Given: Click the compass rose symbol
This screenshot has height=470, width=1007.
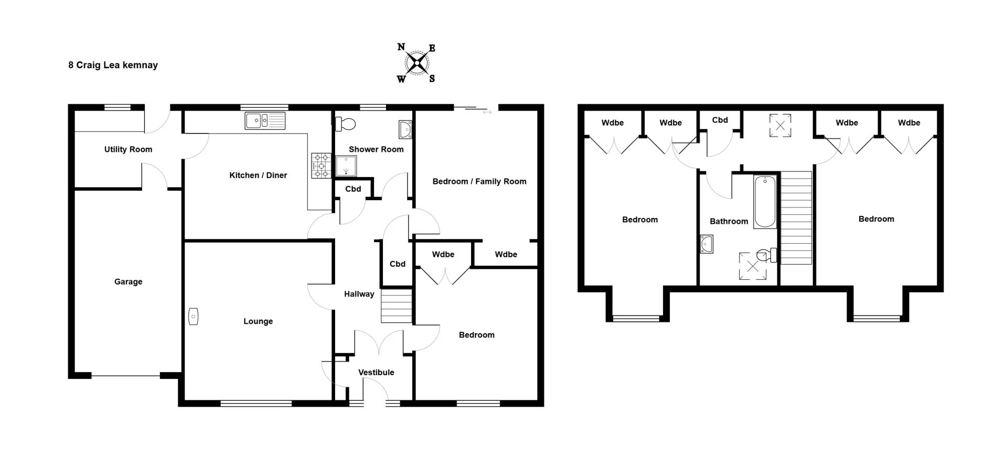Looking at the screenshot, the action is [416, 63].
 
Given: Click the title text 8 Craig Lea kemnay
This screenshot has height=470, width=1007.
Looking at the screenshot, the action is [113, 65].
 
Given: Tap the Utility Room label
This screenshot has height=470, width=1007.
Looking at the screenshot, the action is [128, 149].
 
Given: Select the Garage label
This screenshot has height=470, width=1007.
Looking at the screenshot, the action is [128, 282].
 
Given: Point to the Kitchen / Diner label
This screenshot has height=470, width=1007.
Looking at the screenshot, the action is [258, 176].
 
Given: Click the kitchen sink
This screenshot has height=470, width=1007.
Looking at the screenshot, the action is [265, 121].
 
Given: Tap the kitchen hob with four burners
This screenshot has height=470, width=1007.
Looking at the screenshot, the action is [321, 165].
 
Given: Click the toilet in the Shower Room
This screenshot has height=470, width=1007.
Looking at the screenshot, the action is [346, 124].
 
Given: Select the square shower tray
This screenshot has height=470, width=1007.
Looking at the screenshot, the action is [346, 166].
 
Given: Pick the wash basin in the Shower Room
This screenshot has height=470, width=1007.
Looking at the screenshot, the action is [405, 129].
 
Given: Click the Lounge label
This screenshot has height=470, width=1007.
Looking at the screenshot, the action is [258, 321].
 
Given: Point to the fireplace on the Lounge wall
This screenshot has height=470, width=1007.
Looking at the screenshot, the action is [193, 316].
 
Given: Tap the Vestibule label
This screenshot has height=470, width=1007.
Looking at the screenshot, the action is [376, 373].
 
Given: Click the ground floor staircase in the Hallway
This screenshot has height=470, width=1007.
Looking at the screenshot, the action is [397, 305].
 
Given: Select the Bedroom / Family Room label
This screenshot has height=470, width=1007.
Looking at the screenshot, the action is [479, 181].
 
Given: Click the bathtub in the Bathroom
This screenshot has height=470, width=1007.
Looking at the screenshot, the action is [765, 202].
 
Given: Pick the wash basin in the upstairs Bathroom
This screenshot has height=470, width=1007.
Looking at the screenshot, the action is [707, 244].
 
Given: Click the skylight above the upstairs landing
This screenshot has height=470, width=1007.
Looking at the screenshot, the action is [780, 125].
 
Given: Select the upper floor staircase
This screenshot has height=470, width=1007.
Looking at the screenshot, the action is [796, 218].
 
